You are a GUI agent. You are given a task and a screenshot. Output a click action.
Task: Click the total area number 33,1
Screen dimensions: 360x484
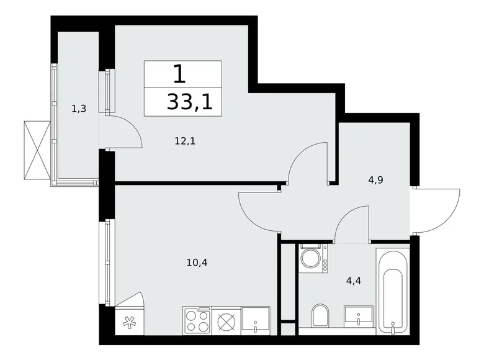coord(189,101)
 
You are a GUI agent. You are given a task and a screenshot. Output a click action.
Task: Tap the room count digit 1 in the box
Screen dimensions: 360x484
coord(179,74)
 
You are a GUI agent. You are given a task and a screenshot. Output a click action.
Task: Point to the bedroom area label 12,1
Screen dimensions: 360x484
coord(185,140)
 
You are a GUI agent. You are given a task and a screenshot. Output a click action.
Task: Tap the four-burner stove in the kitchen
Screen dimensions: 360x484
coord(198,322)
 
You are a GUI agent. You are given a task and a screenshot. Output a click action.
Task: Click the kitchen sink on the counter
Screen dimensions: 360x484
coord(256,321)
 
